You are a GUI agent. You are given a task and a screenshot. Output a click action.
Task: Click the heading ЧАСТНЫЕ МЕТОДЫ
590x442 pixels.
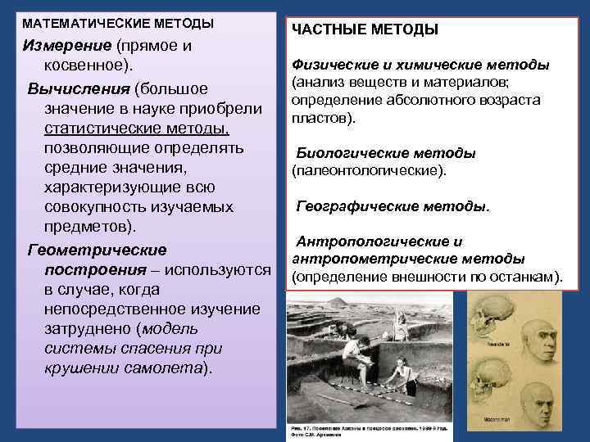point(365,29)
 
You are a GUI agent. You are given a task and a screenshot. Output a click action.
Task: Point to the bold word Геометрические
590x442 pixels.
point(97,249)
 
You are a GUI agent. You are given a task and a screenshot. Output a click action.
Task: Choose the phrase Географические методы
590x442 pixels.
point(392,206)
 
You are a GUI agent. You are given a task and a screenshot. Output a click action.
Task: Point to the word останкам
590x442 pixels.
point(526,276)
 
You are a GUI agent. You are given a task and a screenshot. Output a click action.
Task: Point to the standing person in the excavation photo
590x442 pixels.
point(400,323)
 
